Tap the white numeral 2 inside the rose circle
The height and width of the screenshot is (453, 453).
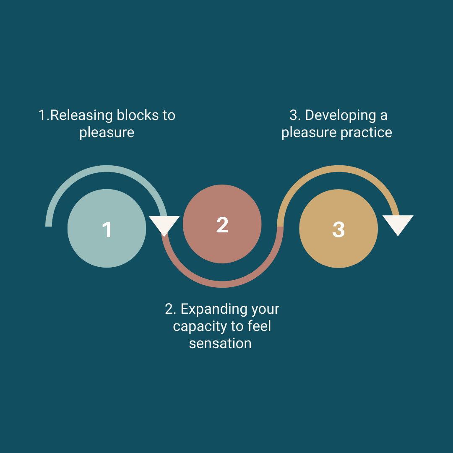[x=222, y=225]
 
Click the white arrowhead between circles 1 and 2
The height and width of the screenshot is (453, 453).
[x=164, y=225]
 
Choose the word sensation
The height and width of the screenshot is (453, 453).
[x=220, y=344]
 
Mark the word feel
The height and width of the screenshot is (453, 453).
[x=259, y=326]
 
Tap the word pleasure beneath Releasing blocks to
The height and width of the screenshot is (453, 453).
[x=107, y=133]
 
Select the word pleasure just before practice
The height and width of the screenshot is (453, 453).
[x=309, y=133]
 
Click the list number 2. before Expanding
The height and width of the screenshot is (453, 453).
[x=170, y=309]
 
